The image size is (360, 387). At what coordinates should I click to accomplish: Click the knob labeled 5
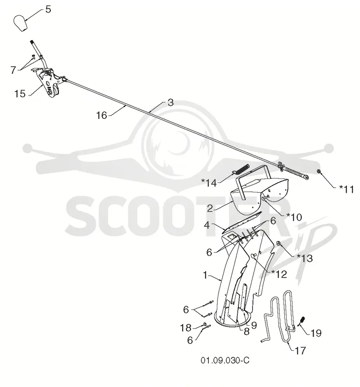pyautogui.click(x=20, y=23)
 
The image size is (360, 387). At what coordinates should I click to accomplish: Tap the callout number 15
pyautogui.click(x=20, y=94)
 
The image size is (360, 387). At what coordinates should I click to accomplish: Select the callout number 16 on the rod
pyautogui.click(x=101, y=115)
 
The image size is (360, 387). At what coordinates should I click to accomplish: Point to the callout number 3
pyautogui.click(x=171, y=103)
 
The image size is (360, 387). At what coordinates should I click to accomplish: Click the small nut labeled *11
pyautogui.click(x=319, y=171)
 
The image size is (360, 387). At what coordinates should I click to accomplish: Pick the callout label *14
pyautogui.click(x=209, y=183)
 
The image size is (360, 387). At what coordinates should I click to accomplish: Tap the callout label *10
pyautogui.click(x=294, y=217)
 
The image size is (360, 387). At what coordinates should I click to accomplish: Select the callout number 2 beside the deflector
pyautogui.click(x=210, y=209)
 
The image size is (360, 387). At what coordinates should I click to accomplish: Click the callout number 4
pyautogui.click(x=207, y=225)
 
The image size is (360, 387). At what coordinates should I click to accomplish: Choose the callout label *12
pyautogui.click(x=279, y=274)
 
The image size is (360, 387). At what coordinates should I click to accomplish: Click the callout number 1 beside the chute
pyautogui.click(x=205, y=275)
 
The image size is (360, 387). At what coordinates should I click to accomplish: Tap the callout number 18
pyautogui.click(x=186, y=328)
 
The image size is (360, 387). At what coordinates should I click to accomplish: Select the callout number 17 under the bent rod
pyautogui.click(x=300, y=351)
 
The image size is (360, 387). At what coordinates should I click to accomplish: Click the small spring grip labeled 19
pyautogui.click(x=302, y=321)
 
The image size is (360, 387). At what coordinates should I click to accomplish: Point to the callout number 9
pyautogui.click(x=254, y=325)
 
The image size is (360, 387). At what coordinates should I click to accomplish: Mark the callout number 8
pyautogui.click(x=247, y=332)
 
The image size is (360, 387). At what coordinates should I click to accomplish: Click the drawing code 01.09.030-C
pyautogui.click(x=225, y=360)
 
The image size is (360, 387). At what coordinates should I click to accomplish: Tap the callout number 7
pyautogui.click(x=13, y=70)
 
